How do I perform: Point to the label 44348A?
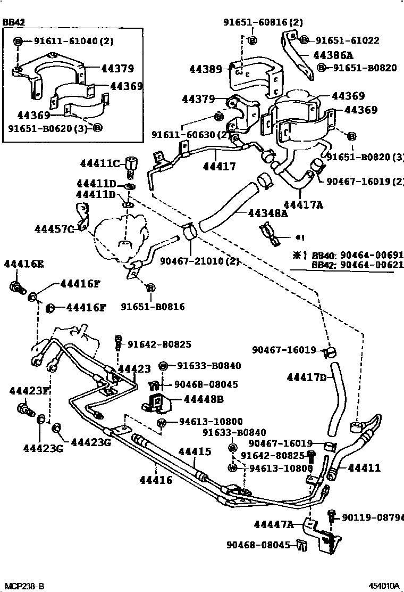pos(267,213)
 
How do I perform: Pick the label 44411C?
pos(99,162)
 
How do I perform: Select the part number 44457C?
pos(54,229)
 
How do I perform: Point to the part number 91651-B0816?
pos(153,306)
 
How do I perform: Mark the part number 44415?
pos(194,451)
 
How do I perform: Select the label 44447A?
pos(273,524)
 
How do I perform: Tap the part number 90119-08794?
pos(372,517)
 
